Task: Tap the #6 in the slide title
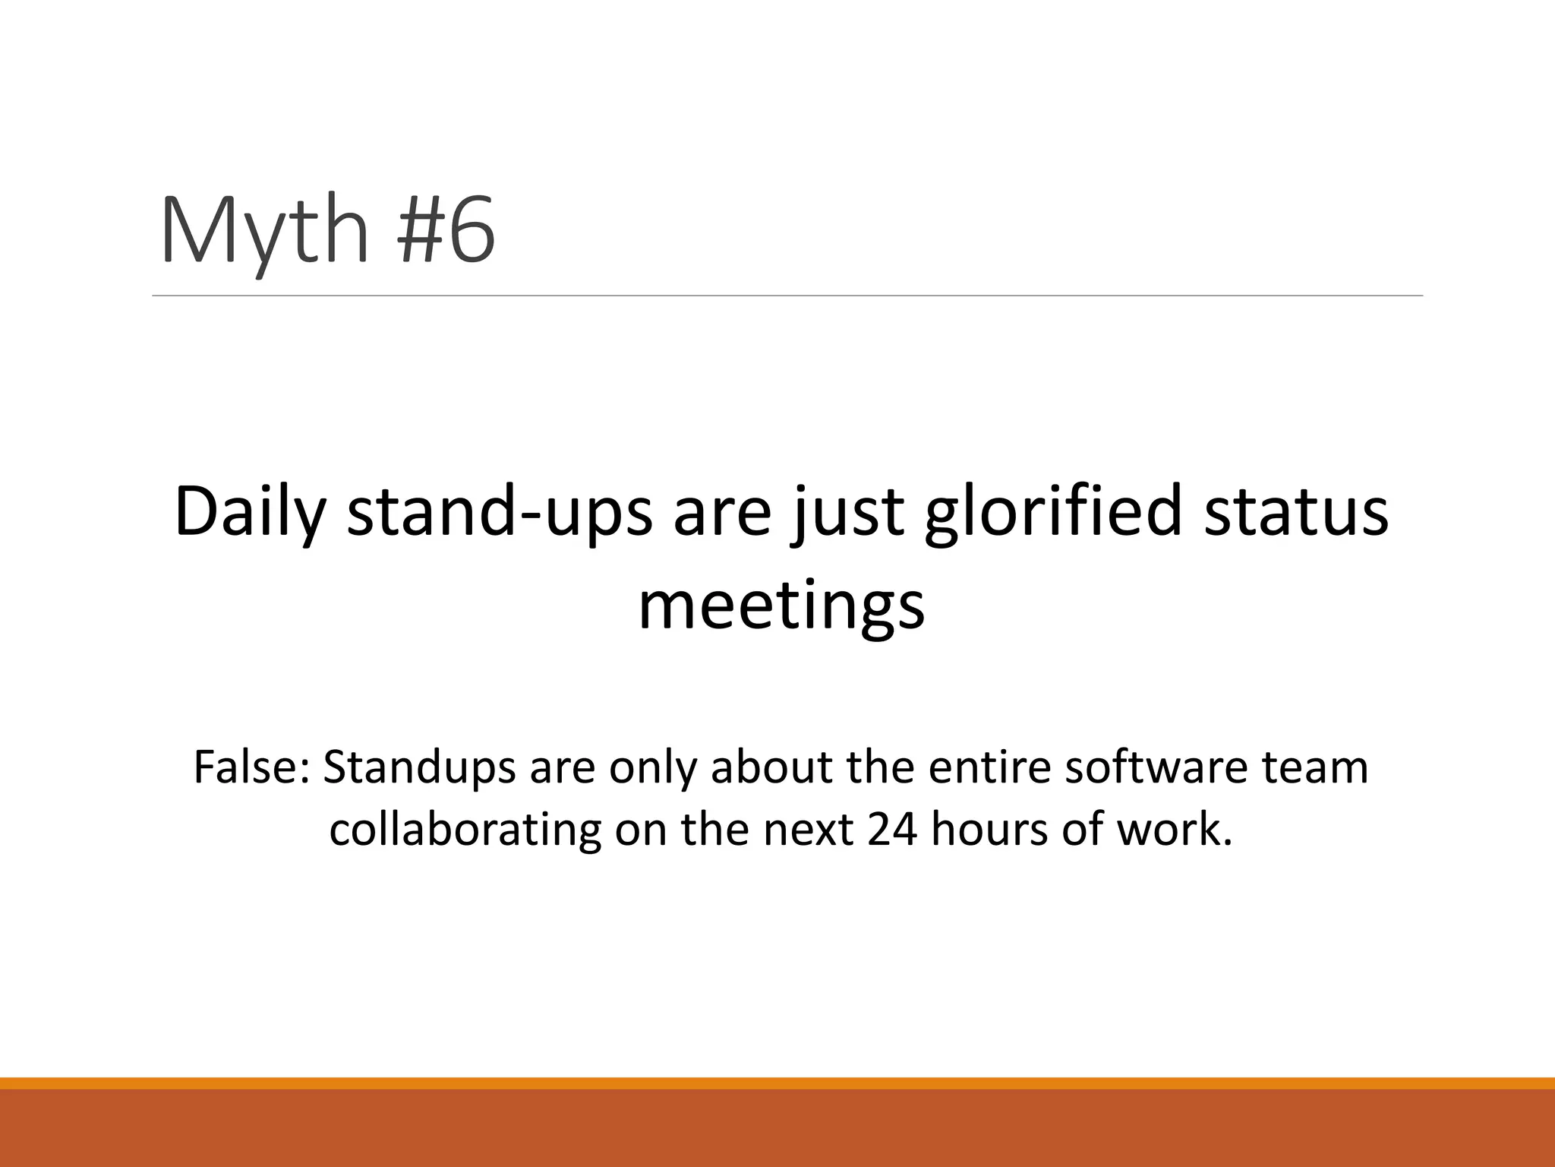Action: tap(446, 229)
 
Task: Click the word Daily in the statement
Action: tap(250, 512)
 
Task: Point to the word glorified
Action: tap(1052, 512)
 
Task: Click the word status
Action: tap(1296, 512)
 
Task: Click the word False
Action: tap(251, 767)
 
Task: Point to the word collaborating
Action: tap(465, 830)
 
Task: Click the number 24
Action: tap(892, 830)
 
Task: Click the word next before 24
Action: tap(808, 830)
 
